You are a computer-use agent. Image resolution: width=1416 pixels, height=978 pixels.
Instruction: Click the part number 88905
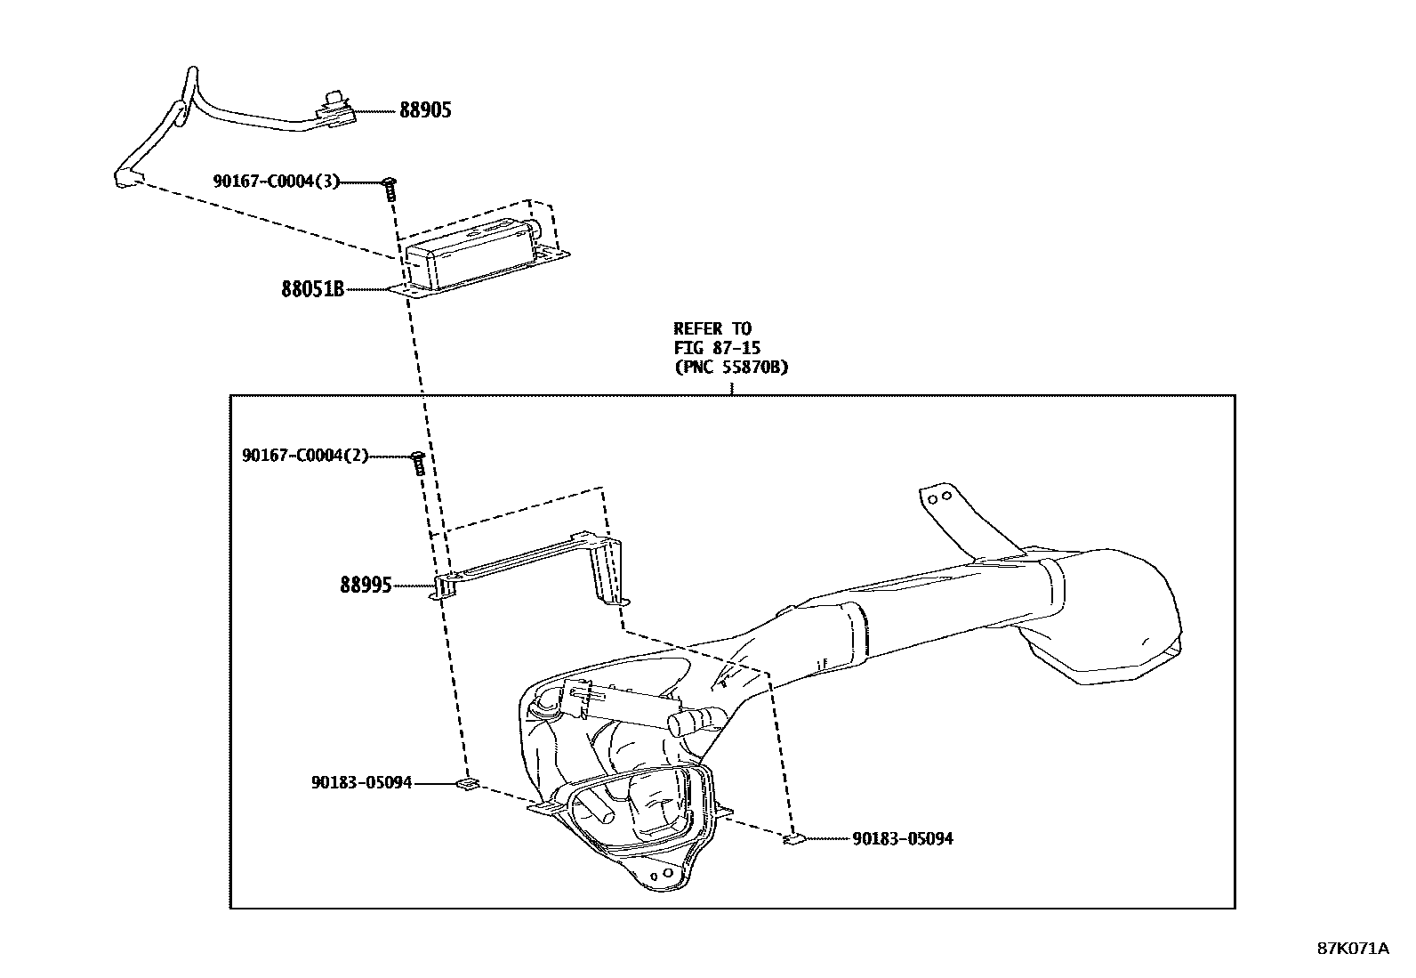[424, 110]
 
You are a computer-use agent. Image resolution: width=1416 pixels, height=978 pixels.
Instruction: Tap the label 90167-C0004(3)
[276, 182]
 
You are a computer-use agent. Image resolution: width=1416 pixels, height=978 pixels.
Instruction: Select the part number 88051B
[312, 289]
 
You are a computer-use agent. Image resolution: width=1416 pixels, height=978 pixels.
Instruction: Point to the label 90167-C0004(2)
[304, 457]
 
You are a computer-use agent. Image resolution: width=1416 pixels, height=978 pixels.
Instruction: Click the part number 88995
[365, 586]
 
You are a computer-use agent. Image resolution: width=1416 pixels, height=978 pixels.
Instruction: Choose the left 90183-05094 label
[361, 783]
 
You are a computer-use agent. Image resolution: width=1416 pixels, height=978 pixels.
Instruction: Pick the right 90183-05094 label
[902, 839]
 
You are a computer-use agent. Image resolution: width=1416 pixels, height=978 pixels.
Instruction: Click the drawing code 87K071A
[1352, 948]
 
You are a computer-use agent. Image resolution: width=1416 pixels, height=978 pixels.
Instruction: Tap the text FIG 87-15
[717, 348]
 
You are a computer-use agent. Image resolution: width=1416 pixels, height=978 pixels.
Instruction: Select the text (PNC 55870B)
[730, 367]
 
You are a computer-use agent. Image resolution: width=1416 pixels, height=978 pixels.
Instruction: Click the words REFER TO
[712, 329]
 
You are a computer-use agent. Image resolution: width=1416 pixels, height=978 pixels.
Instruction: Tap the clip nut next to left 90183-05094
[467, 784]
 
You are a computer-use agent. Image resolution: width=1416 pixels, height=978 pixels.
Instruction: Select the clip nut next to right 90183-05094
[792, 838]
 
